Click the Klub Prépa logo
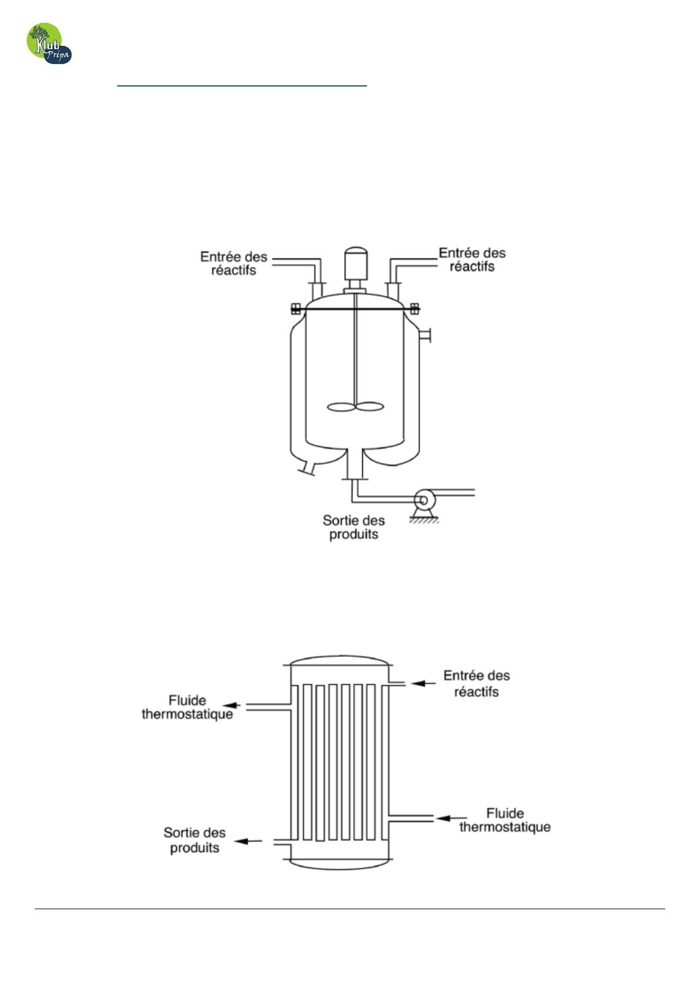(49, 44)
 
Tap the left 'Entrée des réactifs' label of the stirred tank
(234, 263)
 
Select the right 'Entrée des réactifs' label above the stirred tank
(472, 260)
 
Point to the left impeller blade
(341, 407)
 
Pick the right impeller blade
(369, 406)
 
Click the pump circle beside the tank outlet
(424, 500)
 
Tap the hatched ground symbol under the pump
(424, 521)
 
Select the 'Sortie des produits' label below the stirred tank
(354, 527)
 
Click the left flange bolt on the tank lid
(295, 309)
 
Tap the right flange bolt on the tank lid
(415, 308)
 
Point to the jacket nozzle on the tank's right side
(425, 335)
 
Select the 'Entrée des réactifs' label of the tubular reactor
(476, 684)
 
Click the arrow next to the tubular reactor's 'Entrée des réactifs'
(423, 683)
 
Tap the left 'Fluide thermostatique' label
(187, 707)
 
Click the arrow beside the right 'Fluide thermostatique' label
(452, 818)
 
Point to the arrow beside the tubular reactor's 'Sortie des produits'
(248, 840)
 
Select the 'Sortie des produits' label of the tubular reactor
(195, 840)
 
